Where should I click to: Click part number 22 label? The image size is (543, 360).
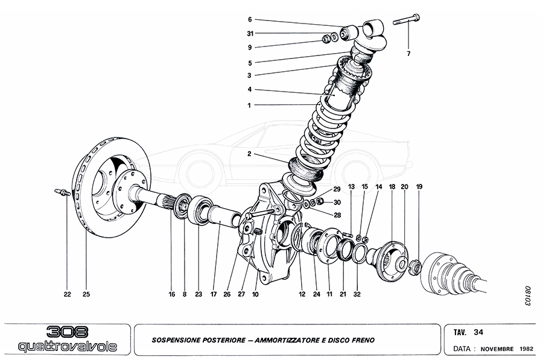(x=67, y=294)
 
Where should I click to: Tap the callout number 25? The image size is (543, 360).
(x=86, y=294)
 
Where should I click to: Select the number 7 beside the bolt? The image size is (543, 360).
(x=408, y=54)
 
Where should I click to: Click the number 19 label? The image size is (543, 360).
(x=419, y=187)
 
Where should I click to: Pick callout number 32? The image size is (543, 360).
(x=357, y=294)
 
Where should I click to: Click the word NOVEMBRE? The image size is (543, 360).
(x=497, y=349)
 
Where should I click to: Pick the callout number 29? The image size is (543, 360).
(x=337, y=189)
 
